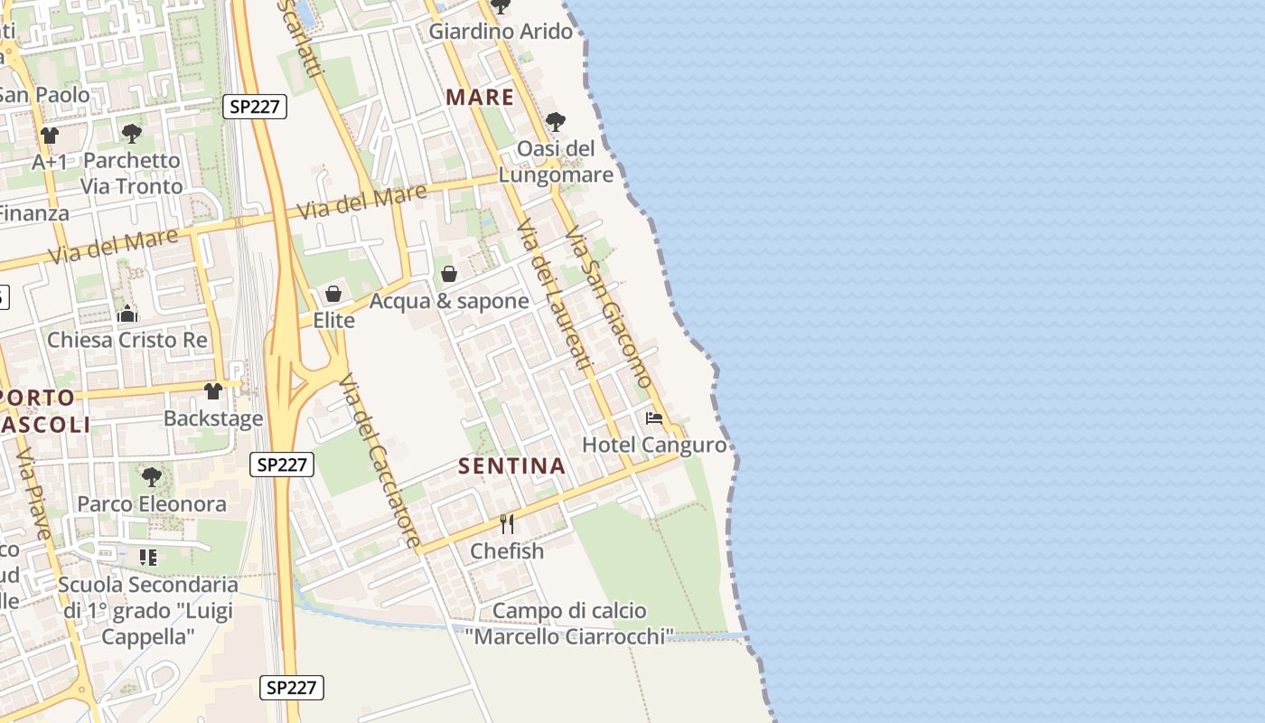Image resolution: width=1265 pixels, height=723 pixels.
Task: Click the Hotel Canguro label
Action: (654, 445)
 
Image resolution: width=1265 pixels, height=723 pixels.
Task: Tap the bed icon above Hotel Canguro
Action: (654, 418)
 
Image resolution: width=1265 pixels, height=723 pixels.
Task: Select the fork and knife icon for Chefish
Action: (507, 524)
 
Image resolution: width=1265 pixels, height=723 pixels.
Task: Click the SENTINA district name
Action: (511, 466)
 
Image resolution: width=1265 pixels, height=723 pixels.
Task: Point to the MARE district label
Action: (480, 98)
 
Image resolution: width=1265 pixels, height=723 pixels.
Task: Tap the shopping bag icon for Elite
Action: (333, 294)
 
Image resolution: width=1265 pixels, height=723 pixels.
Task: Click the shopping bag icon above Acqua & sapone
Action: (448, 274)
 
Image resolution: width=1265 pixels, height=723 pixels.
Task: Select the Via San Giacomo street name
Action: (608, 307)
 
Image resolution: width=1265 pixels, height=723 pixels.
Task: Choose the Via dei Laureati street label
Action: (554, 295)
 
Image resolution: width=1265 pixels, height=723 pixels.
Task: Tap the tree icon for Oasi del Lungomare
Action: (556, 121)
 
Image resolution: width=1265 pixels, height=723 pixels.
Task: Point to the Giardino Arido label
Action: (501, 32)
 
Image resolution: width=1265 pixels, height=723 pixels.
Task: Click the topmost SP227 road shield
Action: (255, 107)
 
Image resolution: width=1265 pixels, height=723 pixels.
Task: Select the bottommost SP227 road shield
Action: (292, 687)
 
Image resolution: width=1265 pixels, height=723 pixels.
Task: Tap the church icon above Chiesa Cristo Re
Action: (127, 314)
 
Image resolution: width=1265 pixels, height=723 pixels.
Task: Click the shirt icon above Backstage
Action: (213, 391)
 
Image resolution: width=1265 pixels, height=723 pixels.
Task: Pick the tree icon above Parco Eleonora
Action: (152, 476)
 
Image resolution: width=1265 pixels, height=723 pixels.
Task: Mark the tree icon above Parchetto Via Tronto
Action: (132, 134)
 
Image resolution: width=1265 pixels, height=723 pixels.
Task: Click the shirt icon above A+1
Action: (50, 136)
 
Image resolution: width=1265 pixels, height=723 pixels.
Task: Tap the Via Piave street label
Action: (33, 493)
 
